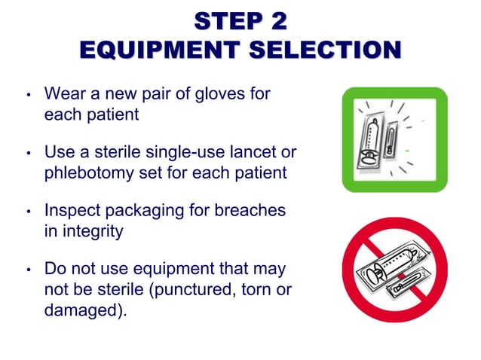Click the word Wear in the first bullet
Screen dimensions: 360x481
coord(64,96)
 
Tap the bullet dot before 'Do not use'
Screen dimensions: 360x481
coord(28,270)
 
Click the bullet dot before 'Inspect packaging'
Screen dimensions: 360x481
coord(28,212)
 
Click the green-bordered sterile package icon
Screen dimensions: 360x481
coord(394,140)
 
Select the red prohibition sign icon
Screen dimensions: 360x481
coord(394,269)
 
